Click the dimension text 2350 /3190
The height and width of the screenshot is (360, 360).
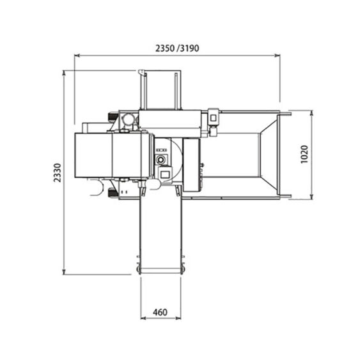pyautogui.click(x=177, y=49)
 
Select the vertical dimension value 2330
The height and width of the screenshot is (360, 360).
pyautogui.click(x=58, y=173)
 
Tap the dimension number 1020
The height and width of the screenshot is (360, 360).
pyautogui.click(x=304, y=154)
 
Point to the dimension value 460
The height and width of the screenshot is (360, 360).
pyautogui.click(x=160, y=312)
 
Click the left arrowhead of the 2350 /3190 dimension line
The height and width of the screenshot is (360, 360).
pyautogui.click(x=77, y=56)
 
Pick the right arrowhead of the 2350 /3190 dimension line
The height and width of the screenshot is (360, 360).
pyautogui.click(x=278, y=56)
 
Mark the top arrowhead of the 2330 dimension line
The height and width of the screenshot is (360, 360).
pyautogui.click(x=64, y=73)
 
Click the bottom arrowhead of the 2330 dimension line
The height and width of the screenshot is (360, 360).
pyautogui.click(x=64, y=272)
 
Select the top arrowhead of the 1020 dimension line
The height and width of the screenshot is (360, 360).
pyautogui.click(x=311, y=113)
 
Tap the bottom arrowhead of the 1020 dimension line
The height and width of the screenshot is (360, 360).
pyautogui.click(x=311, y=196)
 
